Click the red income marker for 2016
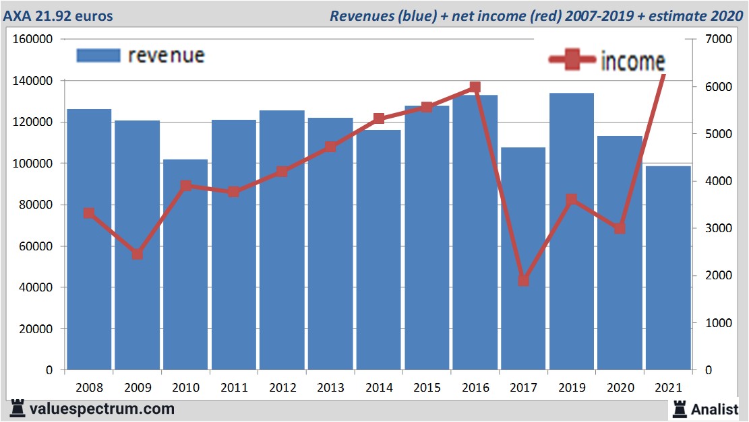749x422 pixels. (475, 87)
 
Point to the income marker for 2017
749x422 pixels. (524, 281)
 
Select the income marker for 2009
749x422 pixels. (137, 254)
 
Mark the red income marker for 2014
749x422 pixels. (378, 118)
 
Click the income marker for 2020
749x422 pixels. (620, 229)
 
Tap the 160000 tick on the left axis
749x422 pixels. (33, 39)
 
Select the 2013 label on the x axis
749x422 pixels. (330, 388)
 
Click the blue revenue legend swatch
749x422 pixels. (98, 55)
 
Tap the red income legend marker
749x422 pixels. (572, 61)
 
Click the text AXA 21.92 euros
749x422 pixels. (59, 15)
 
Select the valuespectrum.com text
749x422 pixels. (101, 409)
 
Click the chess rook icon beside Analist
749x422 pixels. (680, 409)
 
